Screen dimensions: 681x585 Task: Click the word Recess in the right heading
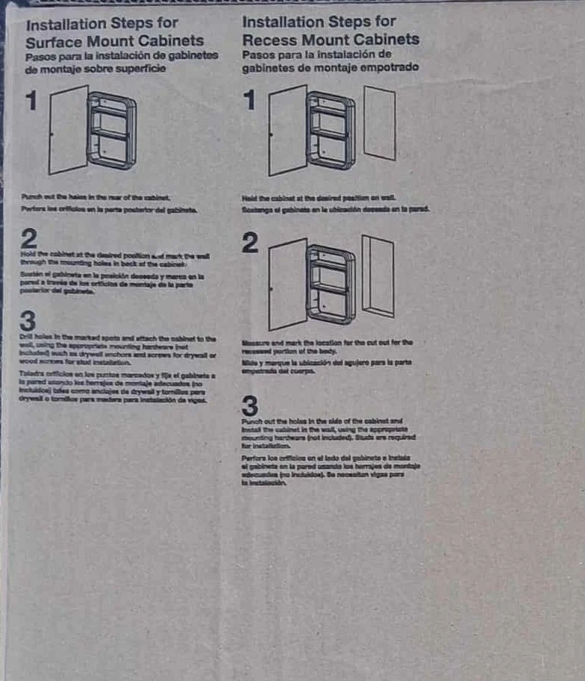pos(269,40)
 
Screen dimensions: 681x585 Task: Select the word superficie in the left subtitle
pos(140,69)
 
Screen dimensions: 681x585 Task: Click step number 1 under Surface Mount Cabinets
pos(31,101)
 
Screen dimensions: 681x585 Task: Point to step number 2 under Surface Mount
pos(29,239)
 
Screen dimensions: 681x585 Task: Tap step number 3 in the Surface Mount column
pos(28,322)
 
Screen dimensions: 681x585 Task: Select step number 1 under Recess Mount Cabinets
pos(251,101)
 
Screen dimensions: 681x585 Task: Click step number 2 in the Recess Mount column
pos(251,243)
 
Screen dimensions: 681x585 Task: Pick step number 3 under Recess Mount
pos(251,406)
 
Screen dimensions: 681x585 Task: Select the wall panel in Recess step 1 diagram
pos(379,122)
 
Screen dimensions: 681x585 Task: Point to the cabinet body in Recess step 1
pos(331,130)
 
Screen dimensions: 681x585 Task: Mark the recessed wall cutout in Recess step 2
pos(377,277)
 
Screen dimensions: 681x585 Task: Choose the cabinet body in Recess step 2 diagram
pos(331,283)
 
